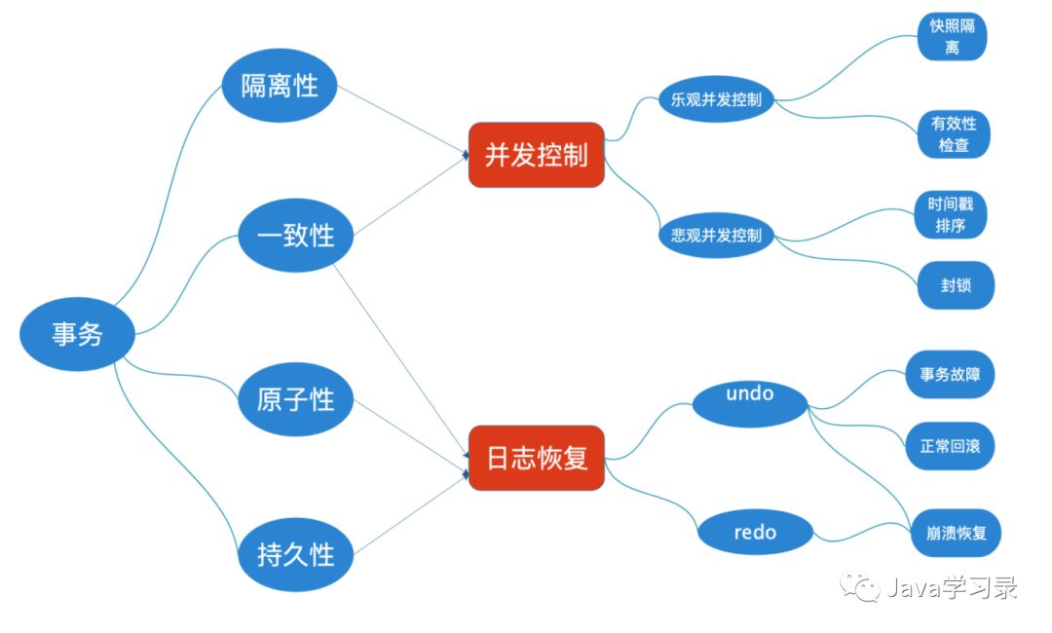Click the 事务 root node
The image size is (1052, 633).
(x=77, y=335)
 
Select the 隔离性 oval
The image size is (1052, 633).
(x=280, y=86)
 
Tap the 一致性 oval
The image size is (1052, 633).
(x=294, y=235)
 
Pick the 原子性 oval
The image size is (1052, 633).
(x=295, y=399)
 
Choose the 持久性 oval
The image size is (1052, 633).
(x=295, y=555)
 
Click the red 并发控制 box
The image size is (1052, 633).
(x=536, y=155)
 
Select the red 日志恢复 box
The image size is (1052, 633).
(x=537, y=458)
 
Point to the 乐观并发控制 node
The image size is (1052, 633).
(x=715, y=99)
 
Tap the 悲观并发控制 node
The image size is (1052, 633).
(x=715, y=235)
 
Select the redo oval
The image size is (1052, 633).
(x=756, y=532)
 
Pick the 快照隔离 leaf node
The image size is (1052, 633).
(x=952, y=37)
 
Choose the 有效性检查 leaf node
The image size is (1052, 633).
(x=954, y=134)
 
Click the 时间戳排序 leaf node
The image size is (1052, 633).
(x=952, y=214)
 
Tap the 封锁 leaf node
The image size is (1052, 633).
(x=955, y=286)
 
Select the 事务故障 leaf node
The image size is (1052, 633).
(x=950, y=374)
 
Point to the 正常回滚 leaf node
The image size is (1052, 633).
(x=950, y=447)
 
